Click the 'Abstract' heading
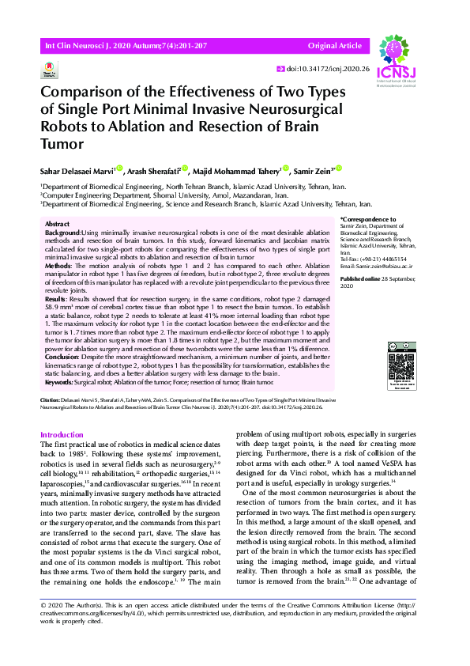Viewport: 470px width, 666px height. pos(58,225)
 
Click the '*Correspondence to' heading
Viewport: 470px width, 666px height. pos(367,219)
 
